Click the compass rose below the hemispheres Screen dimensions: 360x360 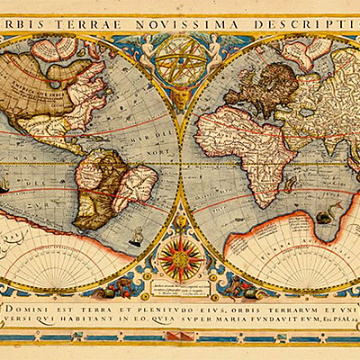click(x=178, y=257)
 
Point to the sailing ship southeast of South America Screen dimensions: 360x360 click(x=137, y=238)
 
